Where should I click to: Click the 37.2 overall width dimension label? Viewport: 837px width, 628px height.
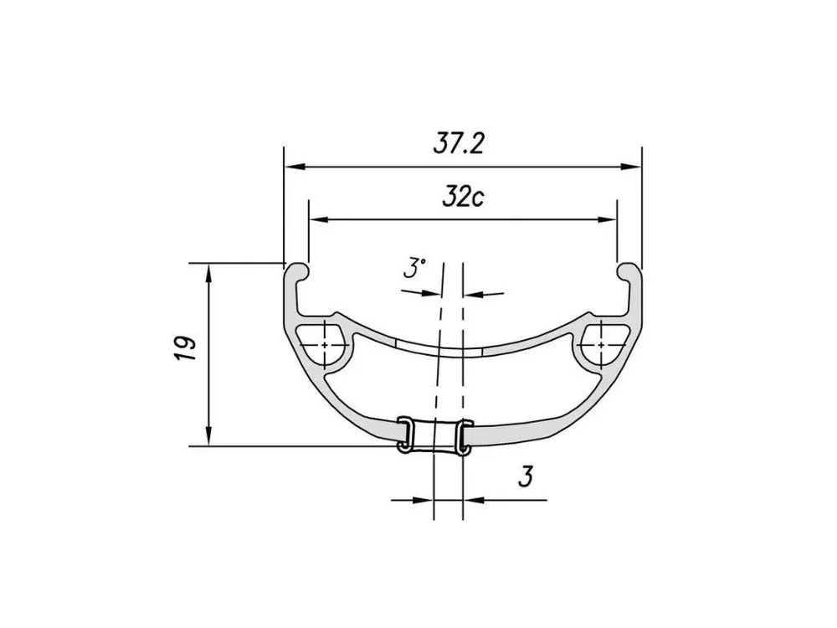click(459, 144)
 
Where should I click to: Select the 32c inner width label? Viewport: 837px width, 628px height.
click(463, 197)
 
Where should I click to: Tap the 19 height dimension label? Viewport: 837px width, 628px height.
click(185, 348)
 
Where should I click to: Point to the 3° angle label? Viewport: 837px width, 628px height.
click(414, 268)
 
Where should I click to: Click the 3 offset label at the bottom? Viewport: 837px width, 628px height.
click(526, 476)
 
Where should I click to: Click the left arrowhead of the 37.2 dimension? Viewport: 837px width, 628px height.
click(295, 167)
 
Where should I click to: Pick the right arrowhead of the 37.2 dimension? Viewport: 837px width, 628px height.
click(630, 167)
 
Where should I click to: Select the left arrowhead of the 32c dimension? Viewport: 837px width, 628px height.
click(320, 219)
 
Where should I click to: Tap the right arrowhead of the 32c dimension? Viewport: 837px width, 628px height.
click(606, 219)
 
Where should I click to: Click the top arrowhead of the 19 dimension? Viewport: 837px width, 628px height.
click(208, 274)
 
